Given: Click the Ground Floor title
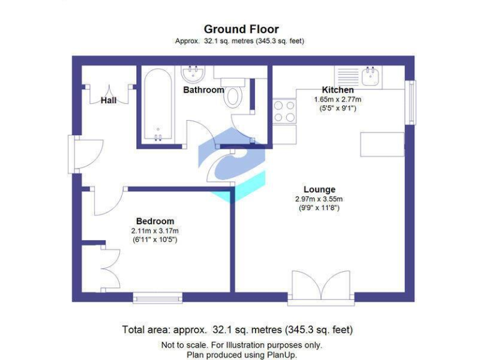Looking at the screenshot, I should [241, 29].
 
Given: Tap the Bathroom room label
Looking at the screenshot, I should [203, 90].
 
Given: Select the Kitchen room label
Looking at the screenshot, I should [337, 90].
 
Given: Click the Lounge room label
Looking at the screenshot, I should [319, 189].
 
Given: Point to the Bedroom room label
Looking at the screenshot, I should [155, 221].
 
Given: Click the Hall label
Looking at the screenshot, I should [109, 100].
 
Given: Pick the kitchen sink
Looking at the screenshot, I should [369, 76].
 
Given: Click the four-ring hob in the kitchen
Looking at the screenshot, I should [285, 111].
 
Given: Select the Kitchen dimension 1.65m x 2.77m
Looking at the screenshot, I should [337, 99].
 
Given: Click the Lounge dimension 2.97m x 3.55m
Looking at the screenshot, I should [319, 199].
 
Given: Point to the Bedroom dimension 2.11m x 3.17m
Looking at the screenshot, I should [155, 231].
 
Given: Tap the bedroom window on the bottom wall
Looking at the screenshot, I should [157, 297].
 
